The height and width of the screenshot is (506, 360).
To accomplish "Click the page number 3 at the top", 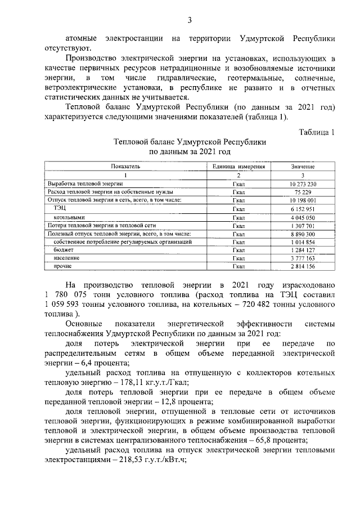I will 190,21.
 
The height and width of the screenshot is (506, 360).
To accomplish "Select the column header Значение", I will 303,167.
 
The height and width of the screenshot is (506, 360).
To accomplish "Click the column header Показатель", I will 125,167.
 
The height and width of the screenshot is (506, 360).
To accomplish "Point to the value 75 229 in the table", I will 303,192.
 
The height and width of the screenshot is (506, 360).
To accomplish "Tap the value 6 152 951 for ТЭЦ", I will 303,208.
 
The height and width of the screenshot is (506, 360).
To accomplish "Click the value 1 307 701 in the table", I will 303,225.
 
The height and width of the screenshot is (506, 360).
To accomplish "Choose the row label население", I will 66,258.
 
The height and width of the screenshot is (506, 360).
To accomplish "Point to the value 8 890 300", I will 303,233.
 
